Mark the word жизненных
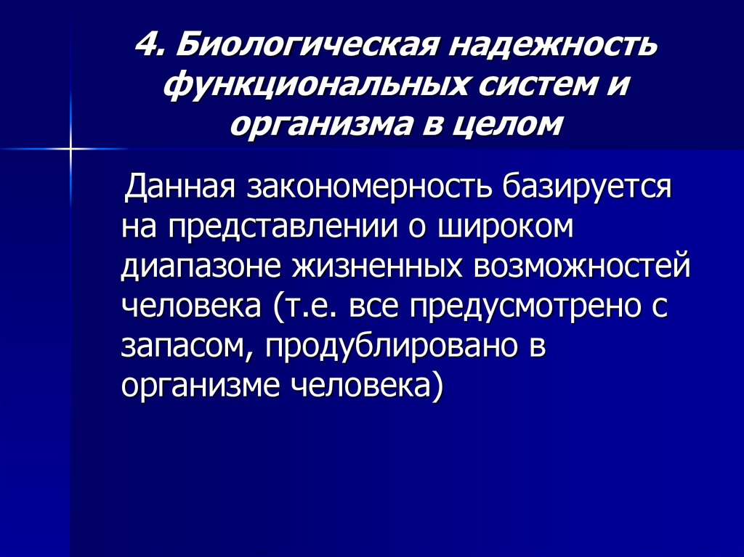pyautogui.click(x=376, y=268)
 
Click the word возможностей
pyautogui.click(x=582, y=268)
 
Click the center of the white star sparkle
pyautogui.click(x=71, y=148)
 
